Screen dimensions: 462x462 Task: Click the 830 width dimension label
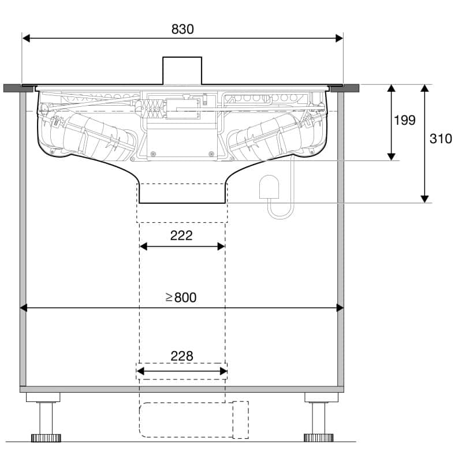[182, 29]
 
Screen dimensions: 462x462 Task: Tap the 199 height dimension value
[405, 120]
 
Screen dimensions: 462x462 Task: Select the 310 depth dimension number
[441, 139]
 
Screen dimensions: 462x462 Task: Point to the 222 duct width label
[181, 236]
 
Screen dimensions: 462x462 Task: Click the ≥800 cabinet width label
[181, 297]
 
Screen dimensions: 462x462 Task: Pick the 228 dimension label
[182, 356]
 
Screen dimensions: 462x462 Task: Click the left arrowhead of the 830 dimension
[26, 38]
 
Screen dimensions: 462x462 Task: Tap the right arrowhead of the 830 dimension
[339, 38]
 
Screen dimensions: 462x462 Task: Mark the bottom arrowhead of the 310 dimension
[424, 199]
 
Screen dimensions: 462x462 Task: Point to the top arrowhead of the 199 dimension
[392, 88]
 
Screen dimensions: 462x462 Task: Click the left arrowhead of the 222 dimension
[143, 247]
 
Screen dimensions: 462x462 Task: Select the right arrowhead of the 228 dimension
[223, 371]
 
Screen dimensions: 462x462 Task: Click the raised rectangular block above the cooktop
[182, 70]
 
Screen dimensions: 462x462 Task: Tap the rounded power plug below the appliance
[269, 187]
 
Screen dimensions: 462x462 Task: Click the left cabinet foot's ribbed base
[46, 438]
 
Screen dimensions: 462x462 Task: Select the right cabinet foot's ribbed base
[319, 438]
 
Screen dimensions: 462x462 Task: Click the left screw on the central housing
[152, 154]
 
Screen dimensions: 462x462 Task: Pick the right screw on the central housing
[211, 154]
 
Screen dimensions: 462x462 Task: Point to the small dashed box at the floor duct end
[240, 420]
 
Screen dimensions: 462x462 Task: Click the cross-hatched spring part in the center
[152, 109]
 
